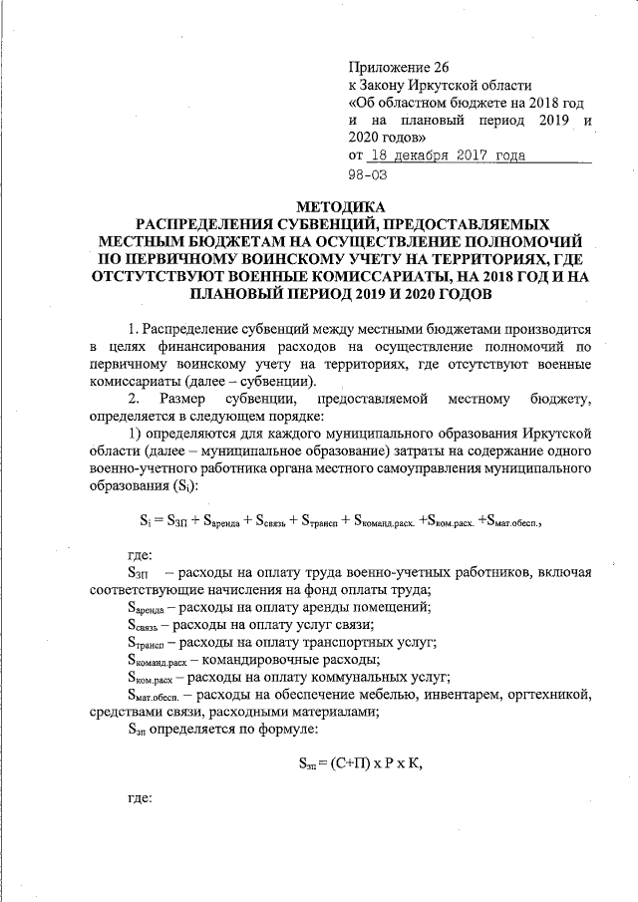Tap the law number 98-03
point(368,173)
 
